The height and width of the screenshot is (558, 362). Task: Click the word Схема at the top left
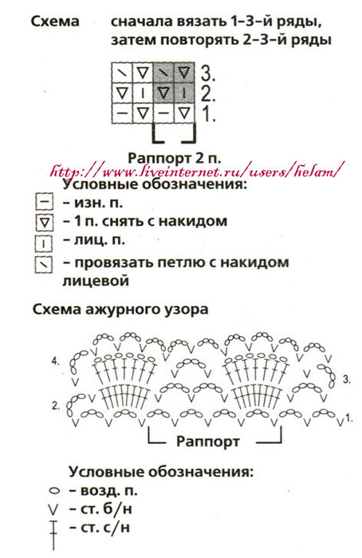pyautogui.click(x=55, y=21)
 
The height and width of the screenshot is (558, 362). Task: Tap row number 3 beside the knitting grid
pyautogui.click(x=207, y=73)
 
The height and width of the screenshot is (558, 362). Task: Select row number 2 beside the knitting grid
pyautogui.click(x=208, y=93)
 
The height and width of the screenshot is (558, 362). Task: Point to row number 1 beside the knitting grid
pyautogui.click(x=209, y=114)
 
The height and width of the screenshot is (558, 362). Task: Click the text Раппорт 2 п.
pyautogui.click(x=175, y=158)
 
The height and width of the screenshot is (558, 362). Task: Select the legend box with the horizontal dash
pyautogui.click(x=44, y=203)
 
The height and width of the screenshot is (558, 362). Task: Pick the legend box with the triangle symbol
pyautogui.click(x=44, y=223)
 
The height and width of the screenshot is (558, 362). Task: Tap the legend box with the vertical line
pyautogui.click(x=43, y=243)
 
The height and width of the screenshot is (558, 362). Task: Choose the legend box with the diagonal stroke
pyautogui.click(x=43, y=265)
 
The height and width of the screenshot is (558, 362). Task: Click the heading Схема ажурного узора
pyautogui.click(x=120, y=309)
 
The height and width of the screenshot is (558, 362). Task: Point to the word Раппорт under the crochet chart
pyautogui.click(x=207, y=441)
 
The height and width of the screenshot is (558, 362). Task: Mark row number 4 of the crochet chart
pyautogui.click(x=56, y=362)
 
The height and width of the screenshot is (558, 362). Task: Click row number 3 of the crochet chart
pyautogui.click(x=347, y=379)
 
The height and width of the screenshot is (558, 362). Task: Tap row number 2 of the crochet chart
pyautogui.click(x=56, y=406)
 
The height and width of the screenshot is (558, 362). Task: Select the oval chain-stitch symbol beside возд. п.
pyautogui.click(x=54, y=491)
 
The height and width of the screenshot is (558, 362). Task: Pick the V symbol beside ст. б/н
pyautogui.click(x=53, y=510)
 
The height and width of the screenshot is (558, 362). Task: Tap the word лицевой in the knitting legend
pyautogui.click(x=96, y=281)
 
